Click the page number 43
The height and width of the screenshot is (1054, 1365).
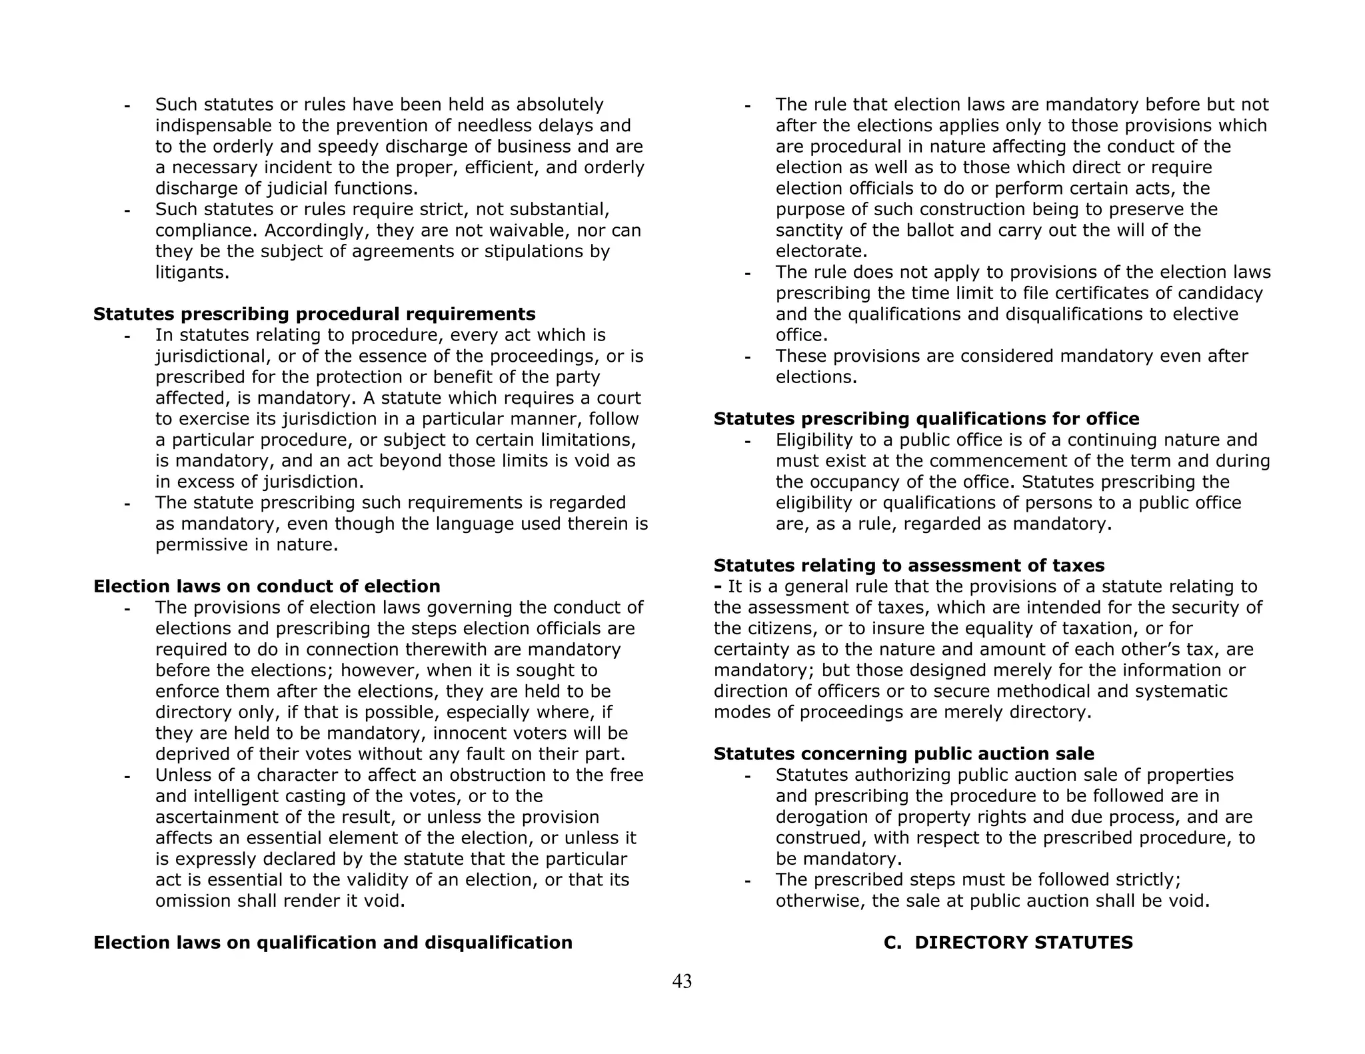point(682,981)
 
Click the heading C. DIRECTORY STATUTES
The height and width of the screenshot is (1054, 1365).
point(1008,943)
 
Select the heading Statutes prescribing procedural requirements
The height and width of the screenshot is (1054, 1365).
point(314,314)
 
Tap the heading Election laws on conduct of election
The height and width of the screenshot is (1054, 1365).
point(267,586)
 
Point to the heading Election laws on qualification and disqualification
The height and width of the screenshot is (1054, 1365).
point(333,943)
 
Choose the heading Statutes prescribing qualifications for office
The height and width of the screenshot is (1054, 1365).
point(926,419)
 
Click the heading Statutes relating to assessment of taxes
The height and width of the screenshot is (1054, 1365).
point(909,566)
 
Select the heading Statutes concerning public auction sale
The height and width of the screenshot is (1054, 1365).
point(904,754)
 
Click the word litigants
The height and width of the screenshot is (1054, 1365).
point(192,272)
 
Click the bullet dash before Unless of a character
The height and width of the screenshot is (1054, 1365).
point(127,776)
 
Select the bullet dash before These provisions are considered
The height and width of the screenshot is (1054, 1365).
point(747,357)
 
